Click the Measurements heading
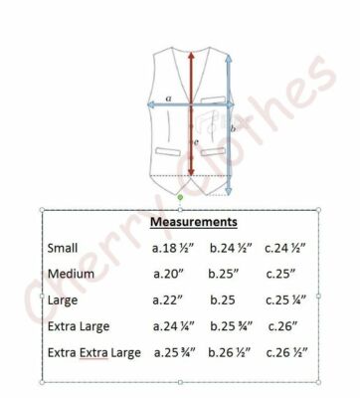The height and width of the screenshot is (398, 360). tap(194, 222)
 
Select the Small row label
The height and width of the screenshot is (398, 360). tap(63, 248)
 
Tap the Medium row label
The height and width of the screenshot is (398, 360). tap(71, 274)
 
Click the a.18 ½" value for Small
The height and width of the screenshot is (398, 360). tap(173, 248)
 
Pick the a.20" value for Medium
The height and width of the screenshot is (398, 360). tap(168, 274)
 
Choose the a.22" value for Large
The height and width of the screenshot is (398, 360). tap(167, 300)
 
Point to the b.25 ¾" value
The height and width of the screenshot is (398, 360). tap(232, 326)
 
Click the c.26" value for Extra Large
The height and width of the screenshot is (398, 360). tap(282, 326)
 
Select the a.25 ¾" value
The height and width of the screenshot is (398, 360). tap(175, 352)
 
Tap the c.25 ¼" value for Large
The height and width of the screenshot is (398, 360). tap(285, 300)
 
